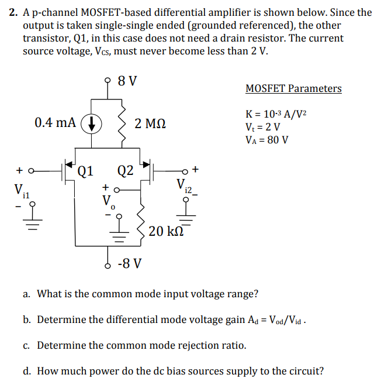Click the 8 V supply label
pos(127,81)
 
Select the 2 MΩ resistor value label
pos(150,123)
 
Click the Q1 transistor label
pos(85,171)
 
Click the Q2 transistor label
pos(125,171)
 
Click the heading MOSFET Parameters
pos(293,89)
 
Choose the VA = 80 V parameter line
pos(268,139)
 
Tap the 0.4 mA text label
pos(55,122)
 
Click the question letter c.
pos(27,345)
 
